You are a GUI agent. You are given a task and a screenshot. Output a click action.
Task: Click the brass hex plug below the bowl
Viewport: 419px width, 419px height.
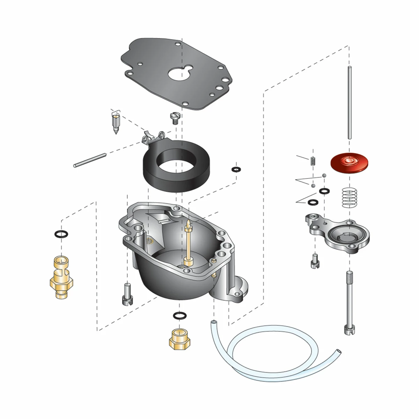pyautogui.click(x=178, y=339)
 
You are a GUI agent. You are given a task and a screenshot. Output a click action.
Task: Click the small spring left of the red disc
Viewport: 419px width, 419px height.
pyautogui.click(x=313, y=161)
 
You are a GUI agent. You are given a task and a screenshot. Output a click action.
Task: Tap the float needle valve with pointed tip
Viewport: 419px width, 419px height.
pyautogui.click(x=116, y=124)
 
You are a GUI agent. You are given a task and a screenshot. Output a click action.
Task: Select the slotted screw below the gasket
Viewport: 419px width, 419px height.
pyautogui.click(x=174, y=118)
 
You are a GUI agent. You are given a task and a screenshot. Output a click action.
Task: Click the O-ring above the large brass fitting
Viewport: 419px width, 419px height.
pyautogui.click(x=62, y=234)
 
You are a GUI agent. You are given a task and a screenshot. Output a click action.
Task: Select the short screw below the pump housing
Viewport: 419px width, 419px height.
pyautogui.click(x=314, y=261)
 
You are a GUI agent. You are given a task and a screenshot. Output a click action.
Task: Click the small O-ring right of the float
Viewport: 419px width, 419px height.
pyautogui.click(x=236, y=169)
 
